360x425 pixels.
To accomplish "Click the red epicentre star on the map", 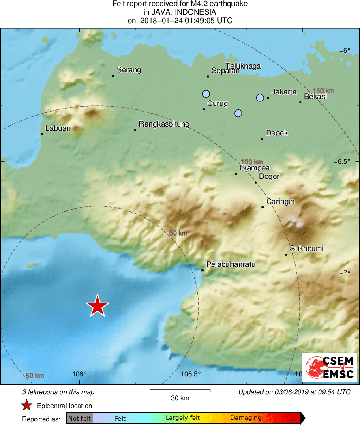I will click(x=97, y=306).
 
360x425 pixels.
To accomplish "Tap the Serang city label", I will click(x=129, y=70).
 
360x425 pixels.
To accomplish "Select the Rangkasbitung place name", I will click(x=164, y=124).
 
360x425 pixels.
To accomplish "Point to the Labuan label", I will click(x=58, y=128).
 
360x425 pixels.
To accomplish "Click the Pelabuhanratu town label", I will click(x=231, y=264).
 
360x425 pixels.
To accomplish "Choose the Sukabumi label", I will click(x=306, y=249).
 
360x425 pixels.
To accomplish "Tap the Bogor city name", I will click(x=269, y=176).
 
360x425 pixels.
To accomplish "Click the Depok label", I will click(x=277, y=133).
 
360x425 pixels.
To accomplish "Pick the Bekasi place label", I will click(x=315, y=97).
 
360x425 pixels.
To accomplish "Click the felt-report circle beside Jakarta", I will click(x=260, y=98).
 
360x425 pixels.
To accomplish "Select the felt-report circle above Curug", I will click(x=206, y=94).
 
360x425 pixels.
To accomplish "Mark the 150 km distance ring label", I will click(x=324, y=91).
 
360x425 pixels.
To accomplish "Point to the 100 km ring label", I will click(x=252, y=161).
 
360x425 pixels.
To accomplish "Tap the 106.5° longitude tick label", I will click(x=191, y=374).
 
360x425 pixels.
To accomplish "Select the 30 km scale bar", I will click(x=180, y=391).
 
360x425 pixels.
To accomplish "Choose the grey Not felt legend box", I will click(x=79, y=418).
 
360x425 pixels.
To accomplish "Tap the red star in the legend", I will click(x=27, y=405).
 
